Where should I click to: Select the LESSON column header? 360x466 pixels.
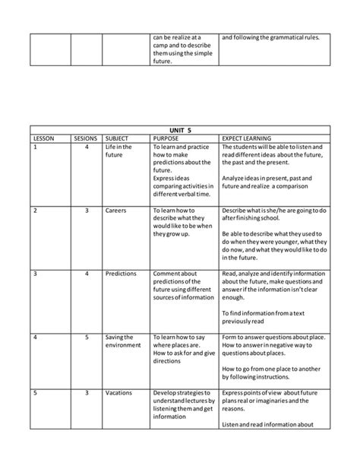click(45, 138)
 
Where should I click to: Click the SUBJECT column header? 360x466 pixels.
click(118, 138)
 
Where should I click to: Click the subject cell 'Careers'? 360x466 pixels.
click(117, 210)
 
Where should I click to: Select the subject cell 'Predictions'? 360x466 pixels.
click(122, 273)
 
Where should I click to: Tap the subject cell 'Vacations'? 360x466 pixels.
click(120, 392)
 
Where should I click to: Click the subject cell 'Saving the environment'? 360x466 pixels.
click(123, 340)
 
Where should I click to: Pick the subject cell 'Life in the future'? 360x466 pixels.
click(118, 151)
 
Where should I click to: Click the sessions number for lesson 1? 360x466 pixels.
click(87, 147)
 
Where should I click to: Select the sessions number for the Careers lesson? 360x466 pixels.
click(87, 210)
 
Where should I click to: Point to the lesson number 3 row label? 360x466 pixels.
click(36, 273)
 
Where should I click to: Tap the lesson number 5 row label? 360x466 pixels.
click(36, 392)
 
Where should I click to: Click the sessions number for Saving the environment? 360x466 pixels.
click(87, 336)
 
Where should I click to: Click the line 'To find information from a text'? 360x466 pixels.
click(262, 312)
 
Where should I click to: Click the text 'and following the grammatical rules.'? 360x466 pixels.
click(270, 36)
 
